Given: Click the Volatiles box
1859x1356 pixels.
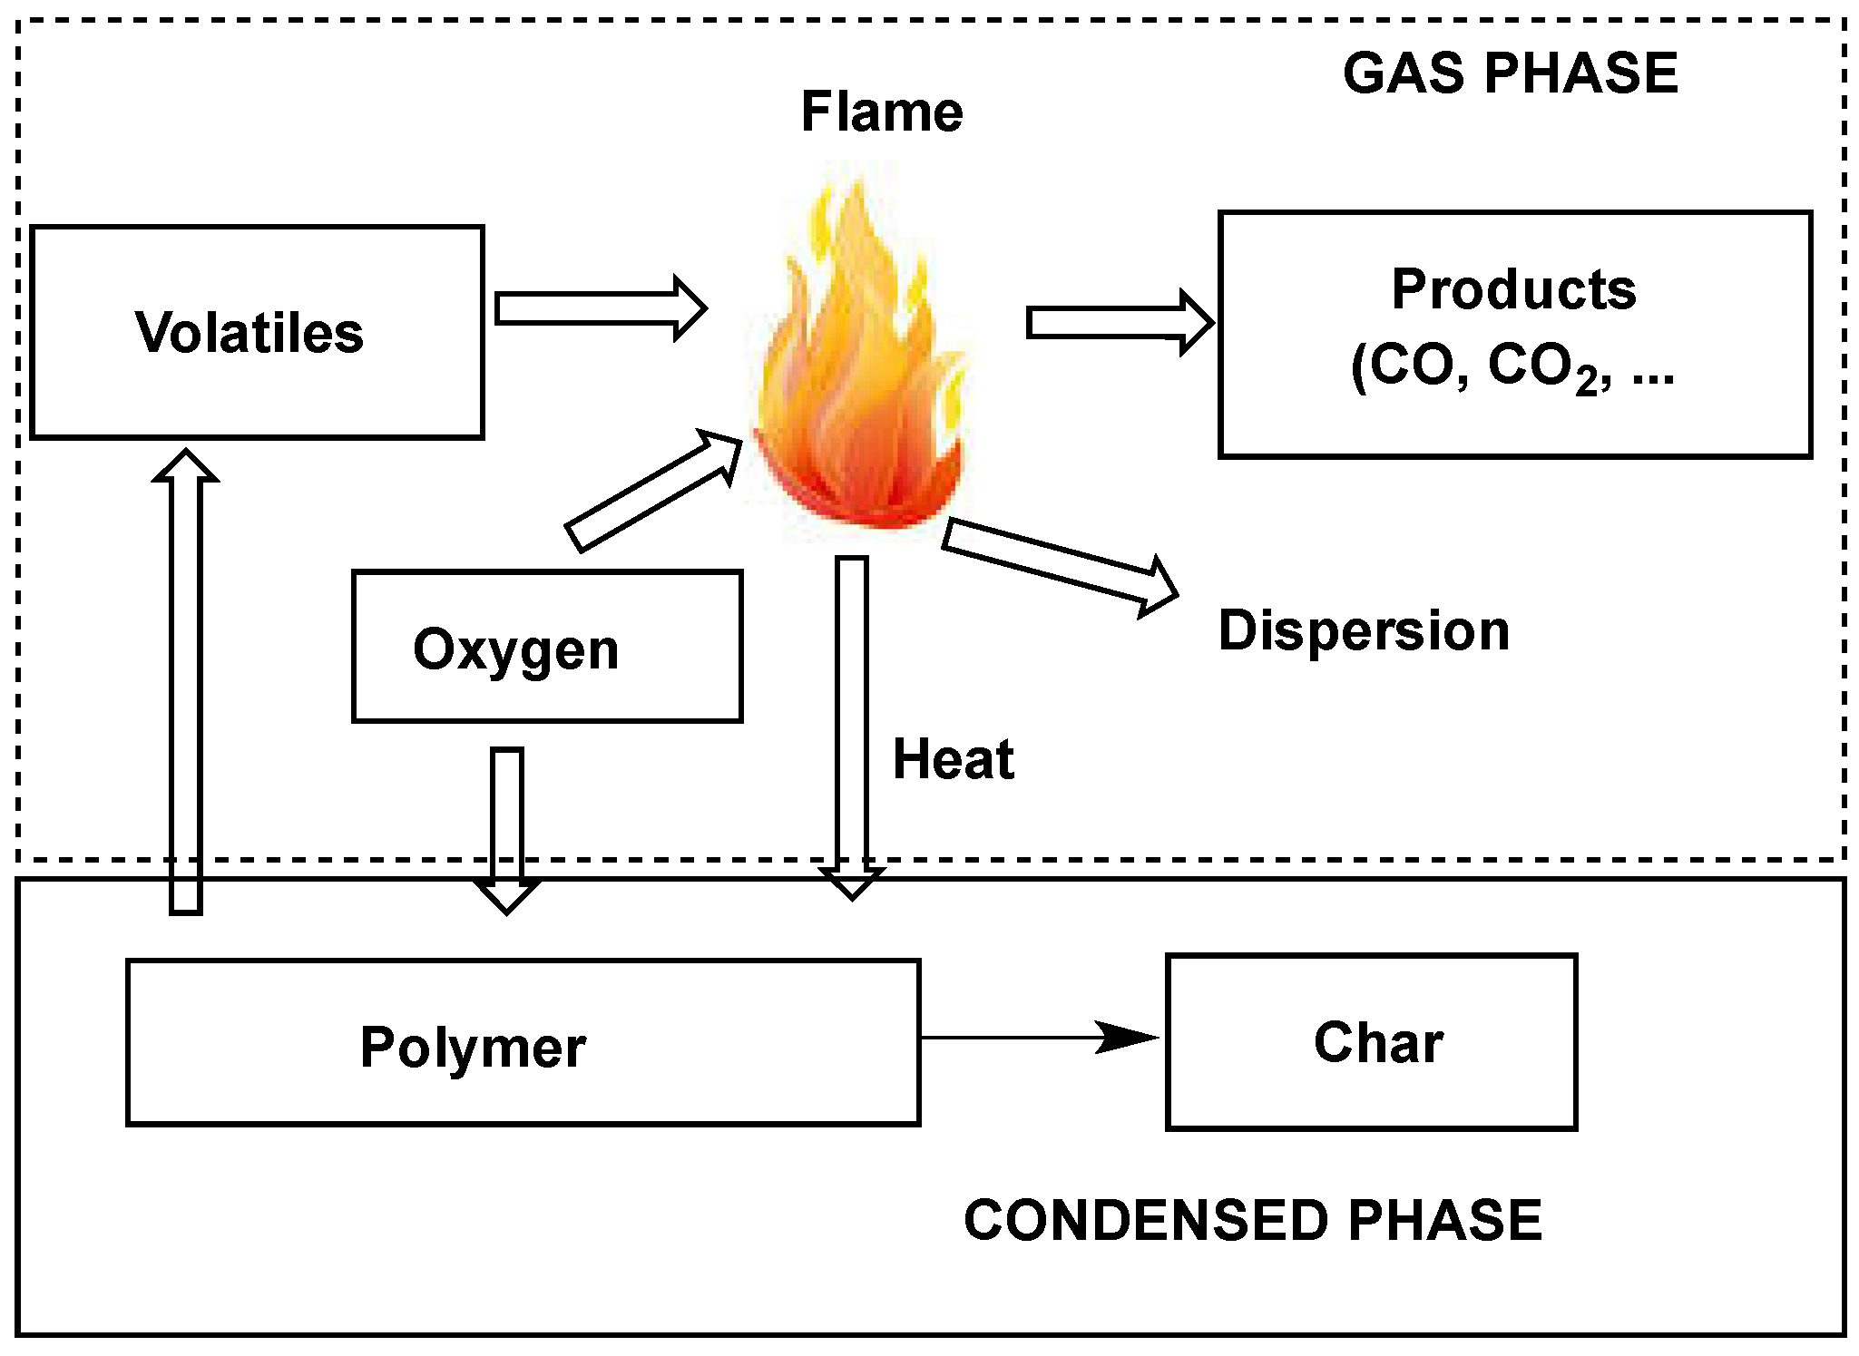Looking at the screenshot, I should [257, 332].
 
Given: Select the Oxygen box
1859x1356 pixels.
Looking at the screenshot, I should [547, 647].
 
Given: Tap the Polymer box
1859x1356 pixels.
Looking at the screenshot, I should [523, 1043].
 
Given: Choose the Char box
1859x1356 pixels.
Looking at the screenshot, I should [1371, 1042].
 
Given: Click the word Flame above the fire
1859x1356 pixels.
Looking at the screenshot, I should [881, 112].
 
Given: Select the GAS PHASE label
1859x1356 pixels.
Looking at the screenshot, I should [1510, 73].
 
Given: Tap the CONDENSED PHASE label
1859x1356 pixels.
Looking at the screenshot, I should [1252, 1220].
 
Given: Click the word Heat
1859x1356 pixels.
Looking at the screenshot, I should [953, 759].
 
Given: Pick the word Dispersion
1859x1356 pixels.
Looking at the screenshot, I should [1364, 630].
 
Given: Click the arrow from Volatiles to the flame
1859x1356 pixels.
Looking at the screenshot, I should [599, 308].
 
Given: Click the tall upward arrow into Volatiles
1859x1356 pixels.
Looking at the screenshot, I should [186, 680].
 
